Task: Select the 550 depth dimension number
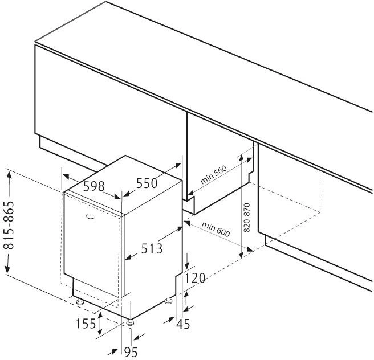[x=147, y=183]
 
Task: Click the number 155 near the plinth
[x=86, y=324]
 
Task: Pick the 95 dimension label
[x=131, y=353]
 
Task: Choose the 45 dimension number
[x=182, y=324]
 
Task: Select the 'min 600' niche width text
[x=215, y=229]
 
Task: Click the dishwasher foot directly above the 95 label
[x=132, y=322]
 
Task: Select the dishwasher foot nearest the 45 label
[x=169, y=300]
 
